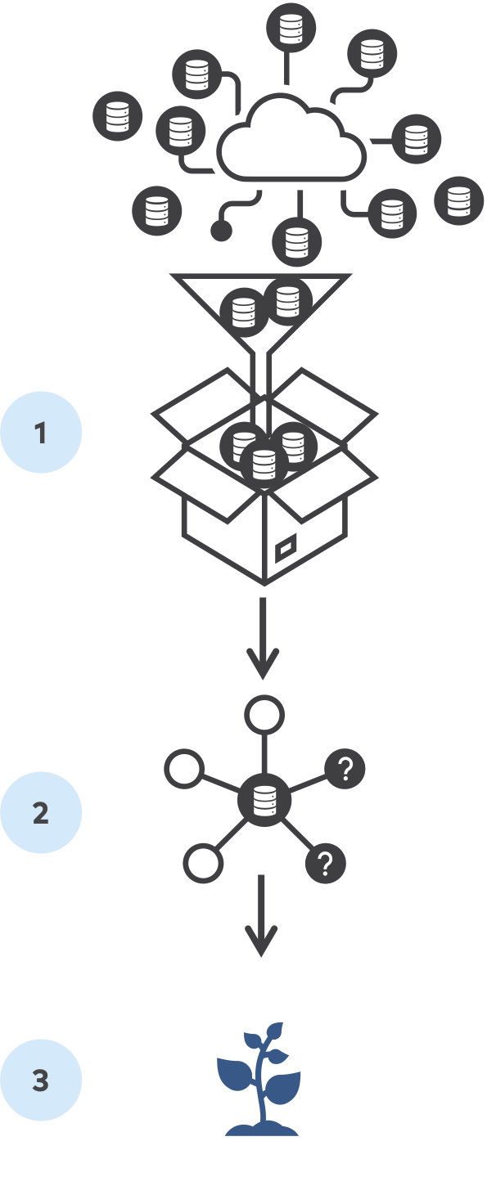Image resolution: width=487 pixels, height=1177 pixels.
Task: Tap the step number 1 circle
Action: (x=41, y=432)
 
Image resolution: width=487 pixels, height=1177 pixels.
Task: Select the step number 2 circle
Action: (x=41, y=812)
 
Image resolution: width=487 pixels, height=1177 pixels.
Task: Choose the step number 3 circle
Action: (x=41, y=1080)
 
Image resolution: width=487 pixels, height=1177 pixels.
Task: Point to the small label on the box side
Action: (x=286, y=548)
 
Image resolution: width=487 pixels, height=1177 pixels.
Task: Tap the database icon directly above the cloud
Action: (x=291, y=28)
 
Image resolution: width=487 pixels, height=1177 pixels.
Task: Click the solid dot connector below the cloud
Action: (x=222, y=230)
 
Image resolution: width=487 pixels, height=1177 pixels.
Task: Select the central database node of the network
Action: (x=264, y=800)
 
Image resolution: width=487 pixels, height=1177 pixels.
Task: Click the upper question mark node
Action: (x=345, y=769)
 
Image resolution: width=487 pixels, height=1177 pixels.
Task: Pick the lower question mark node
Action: (x=326, y=863)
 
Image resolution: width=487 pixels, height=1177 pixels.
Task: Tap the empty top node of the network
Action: (x=264, y=715)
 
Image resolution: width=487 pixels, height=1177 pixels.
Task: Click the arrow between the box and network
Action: (x=263, y=638)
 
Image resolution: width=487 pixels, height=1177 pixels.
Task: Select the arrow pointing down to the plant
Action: (x=261, y=915)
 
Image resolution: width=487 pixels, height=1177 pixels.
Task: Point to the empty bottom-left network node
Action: (x=203, y=863)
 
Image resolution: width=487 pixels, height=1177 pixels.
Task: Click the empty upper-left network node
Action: (x=184, y=769)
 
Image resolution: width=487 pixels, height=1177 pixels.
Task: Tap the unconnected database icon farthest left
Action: (x=117, y=116)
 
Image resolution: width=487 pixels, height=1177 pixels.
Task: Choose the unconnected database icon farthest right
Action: (x=458, y=200)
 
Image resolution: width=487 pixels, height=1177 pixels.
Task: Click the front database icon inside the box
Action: (x=264, y=465)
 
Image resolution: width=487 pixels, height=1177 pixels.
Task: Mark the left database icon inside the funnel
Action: (x=244, y=312)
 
